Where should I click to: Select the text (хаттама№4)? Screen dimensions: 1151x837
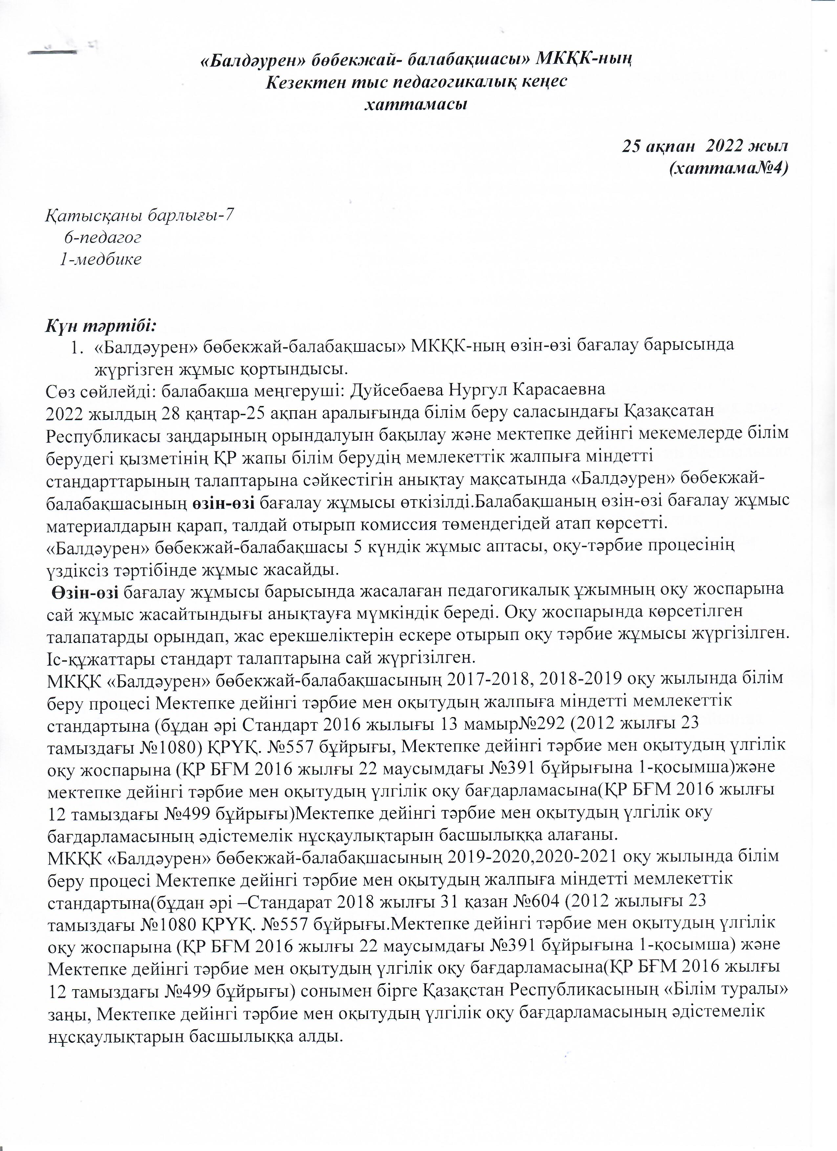click(729, 168)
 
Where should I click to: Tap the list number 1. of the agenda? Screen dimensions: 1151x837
click(77, 347)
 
